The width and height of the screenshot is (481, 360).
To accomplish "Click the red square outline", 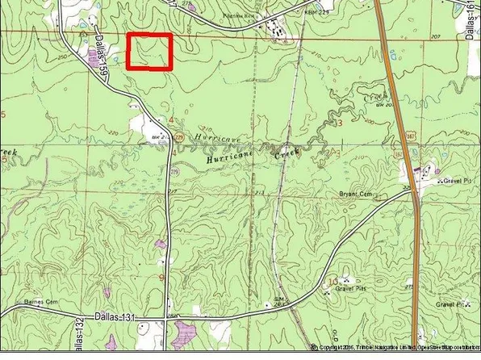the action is [150, 52].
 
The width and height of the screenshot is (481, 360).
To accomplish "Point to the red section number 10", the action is [333, 280].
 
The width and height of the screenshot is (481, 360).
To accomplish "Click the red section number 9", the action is [161, 278].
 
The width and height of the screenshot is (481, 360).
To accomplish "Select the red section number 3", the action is [340, 123].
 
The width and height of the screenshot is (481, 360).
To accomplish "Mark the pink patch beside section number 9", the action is [161, 243].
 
